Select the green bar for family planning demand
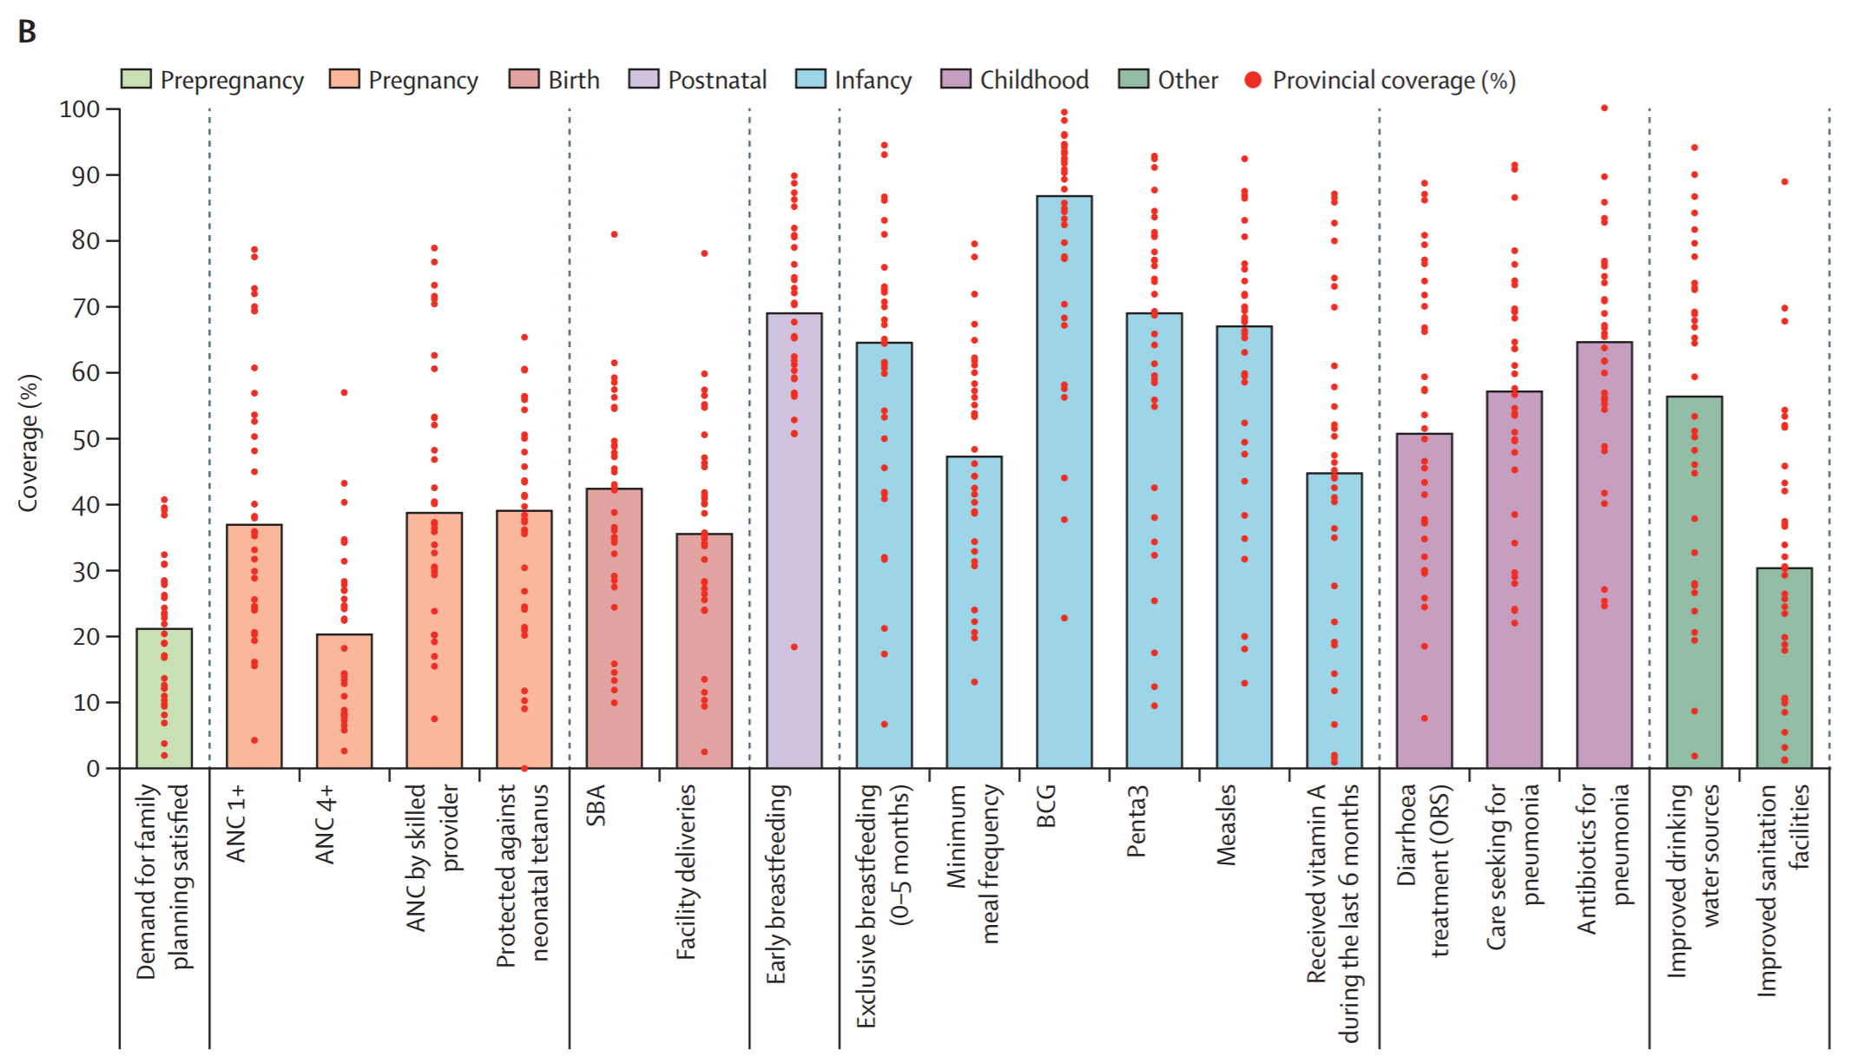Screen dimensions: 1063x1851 [164, 699]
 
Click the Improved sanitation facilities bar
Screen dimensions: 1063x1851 [1784, 668]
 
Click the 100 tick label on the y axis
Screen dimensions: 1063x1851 [80, 109]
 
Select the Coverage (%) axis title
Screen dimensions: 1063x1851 [28, 443]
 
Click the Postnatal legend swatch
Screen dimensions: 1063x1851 [643, 80]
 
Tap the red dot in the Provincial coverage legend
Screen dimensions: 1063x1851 [1253, 80]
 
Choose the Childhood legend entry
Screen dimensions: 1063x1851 [1015, 80]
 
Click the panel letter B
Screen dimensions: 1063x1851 [27, 32]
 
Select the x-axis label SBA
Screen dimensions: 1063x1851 [596, 805]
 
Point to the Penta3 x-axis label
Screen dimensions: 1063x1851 [1136, 821]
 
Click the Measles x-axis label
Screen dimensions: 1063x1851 [1226, 824]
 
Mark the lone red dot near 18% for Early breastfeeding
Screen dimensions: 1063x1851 [794, 646]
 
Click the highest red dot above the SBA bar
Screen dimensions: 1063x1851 [614, 234]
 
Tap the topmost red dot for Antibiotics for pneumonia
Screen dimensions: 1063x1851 [1604, 108]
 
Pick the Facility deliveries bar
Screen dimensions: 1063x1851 [704, 651]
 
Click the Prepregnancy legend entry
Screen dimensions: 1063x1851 [213, 80]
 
